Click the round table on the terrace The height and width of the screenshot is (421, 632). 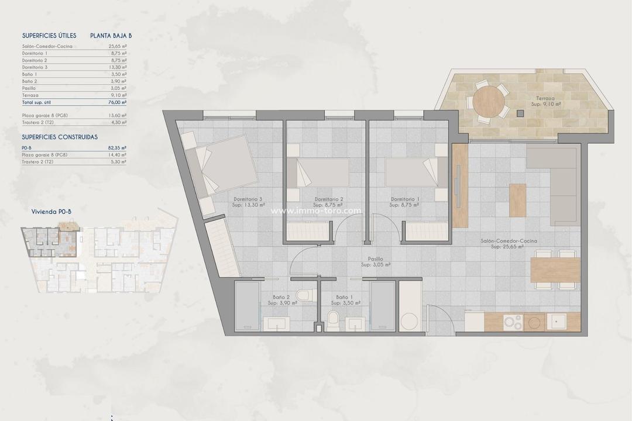pos(489,103)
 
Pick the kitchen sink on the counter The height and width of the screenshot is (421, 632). pos(558,321)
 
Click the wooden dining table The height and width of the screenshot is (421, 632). pos(555,270)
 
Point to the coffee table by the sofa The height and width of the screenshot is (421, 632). pos(517,200)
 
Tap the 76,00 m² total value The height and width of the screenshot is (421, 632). pos(118,102)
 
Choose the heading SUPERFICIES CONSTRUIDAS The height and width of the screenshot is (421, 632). pos(60,137)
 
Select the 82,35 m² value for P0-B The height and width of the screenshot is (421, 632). pos(118,148)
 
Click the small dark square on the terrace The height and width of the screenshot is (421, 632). pos(520,113)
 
